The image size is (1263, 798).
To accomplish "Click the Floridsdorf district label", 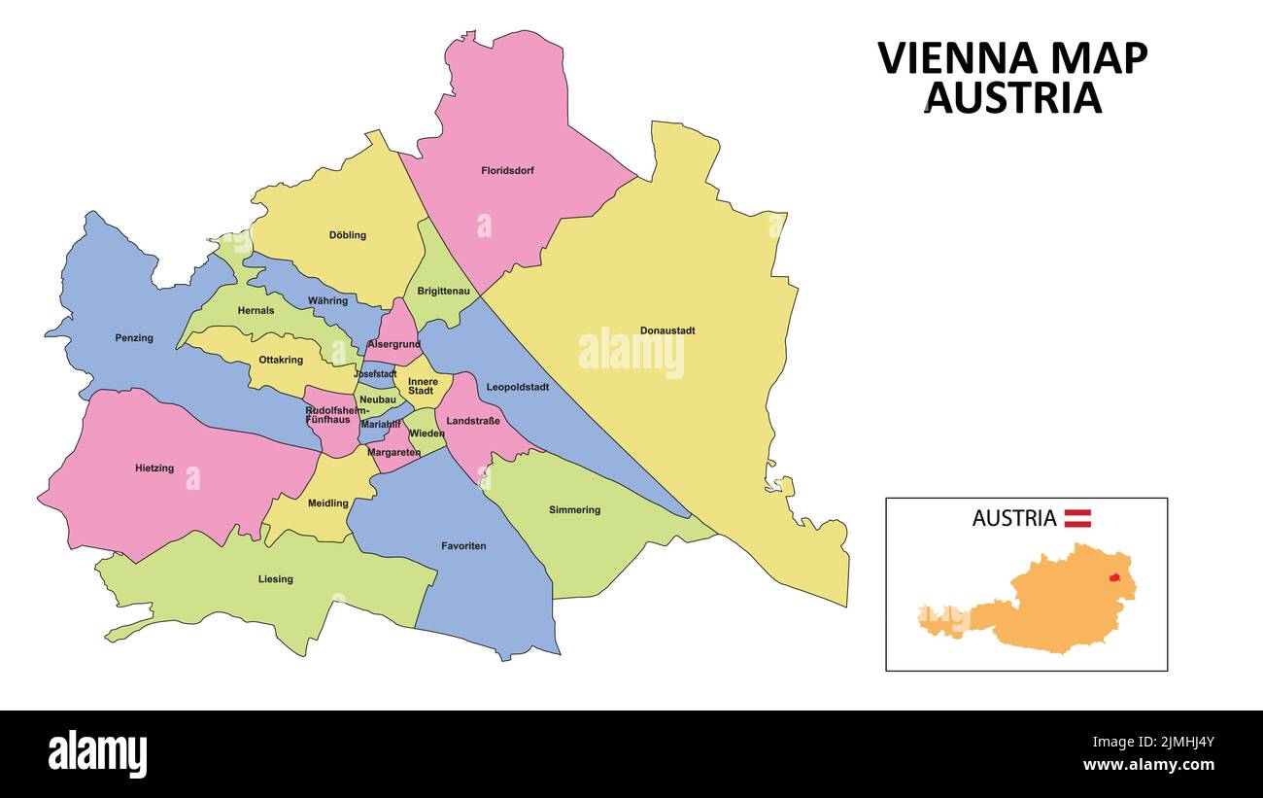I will point(507,171).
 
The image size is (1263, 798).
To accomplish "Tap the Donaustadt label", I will point(666,330).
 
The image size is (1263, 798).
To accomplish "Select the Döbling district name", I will point(347,235).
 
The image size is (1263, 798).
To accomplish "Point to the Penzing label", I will point(134,338).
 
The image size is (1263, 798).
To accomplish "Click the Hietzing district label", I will point(154,468).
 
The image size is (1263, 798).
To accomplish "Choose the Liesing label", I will point(275,579).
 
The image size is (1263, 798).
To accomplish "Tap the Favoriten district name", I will point(463,546).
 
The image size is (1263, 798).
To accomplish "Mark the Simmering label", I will point(574,510).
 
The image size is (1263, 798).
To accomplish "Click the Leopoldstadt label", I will point(517,387).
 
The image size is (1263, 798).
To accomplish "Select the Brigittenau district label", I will point(443,291).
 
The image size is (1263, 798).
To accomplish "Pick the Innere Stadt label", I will point(423,386).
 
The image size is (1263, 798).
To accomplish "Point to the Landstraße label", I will point(473,421).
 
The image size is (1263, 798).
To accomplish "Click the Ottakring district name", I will point(281,360).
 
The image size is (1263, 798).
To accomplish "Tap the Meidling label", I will point(327,503).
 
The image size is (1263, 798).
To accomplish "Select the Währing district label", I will point(327,301).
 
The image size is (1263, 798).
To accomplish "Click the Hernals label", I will point(256,311).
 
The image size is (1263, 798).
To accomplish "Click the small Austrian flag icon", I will point(1077,518).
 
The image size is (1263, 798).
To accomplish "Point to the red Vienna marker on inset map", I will point(1114,577).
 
